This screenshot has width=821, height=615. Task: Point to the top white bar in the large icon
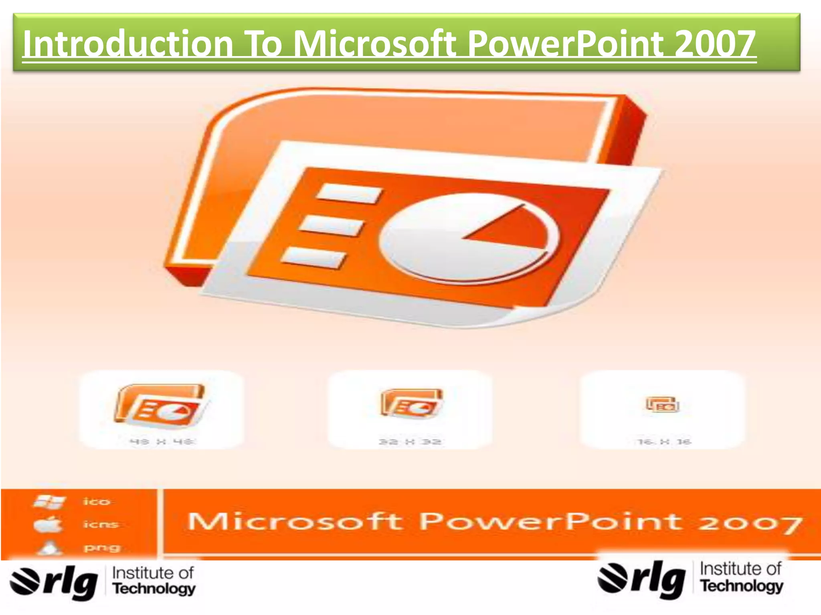[349, 194]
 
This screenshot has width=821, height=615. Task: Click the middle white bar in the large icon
[331, 225]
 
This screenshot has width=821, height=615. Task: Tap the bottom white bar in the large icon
[313, 257]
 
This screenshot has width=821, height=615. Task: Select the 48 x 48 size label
[162, 442]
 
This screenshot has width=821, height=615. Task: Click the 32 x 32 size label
[410, 442]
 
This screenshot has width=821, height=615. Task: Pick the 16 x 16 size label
[663, 442]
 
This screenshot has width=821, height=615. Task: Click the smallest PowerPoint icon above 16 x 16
[662, 404]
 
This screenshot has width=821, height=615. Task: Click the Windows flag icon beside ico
[49, 501]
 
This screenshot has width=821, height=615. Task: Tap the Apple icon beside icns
[48, 524]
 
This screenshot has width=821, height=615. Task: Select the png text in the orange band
[101, 547]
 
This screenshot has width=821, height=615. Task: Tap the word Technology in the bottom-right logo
[742, 586]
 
